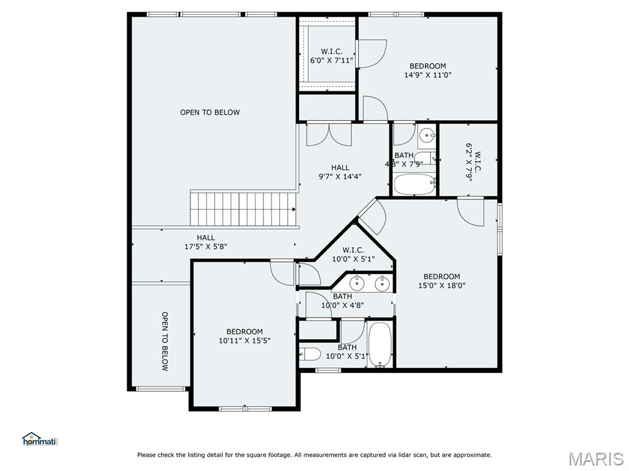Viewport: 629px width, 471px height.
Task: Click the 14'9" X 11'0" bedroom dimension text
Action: [x=428, y=75]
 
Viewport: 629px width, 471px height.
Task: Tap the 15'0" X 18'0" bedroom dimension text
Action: [x=442, y=286]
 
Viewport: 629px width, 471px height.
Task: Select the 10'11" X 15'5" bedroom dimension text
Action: [x=244, y=341]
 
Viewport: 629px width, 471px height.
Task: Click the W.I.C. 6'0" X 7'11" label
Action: [x=332, y=56]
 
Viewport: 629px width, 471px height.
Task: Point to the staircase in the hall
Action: [x=243, y=209]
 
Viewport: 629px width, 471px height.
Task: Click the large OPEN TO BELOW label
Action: [x=210, y=113]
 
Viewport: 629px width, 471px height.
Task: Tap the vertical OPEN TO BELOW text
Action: [x=165, y=341]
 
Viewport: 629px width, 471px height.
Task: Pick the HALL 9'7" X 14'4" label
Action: [x=340, y=172]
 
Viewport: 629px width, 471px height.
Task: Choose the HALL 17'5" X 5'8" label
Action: [x=206, y=242]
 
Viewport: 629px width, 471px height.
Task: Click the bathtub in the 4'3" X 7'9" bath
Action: [x=415, y=184]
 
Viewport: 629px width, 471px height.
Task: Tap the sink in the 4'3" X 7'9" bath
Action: [x=427, y=136]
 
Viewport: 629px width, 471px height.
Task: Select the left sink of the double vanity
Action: [x=356, y=283]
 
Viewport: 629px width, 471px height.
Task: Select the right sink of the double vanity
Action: [x=382, y=283]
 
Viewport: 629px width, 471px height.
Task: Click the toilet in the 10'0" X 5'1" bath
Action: [x=310, y=354]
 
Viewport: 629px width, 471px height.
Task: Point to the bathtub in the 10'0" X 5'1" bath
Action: [x=380, y=345]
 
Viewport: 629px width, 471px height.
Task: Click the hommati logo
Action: [x=40, y=439]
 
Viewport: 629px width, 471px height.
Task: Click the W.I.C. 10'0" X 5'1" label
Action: [x=353, y=255]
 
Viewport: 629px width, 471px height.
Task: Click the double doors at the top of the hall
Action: [x=329, y=134]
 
